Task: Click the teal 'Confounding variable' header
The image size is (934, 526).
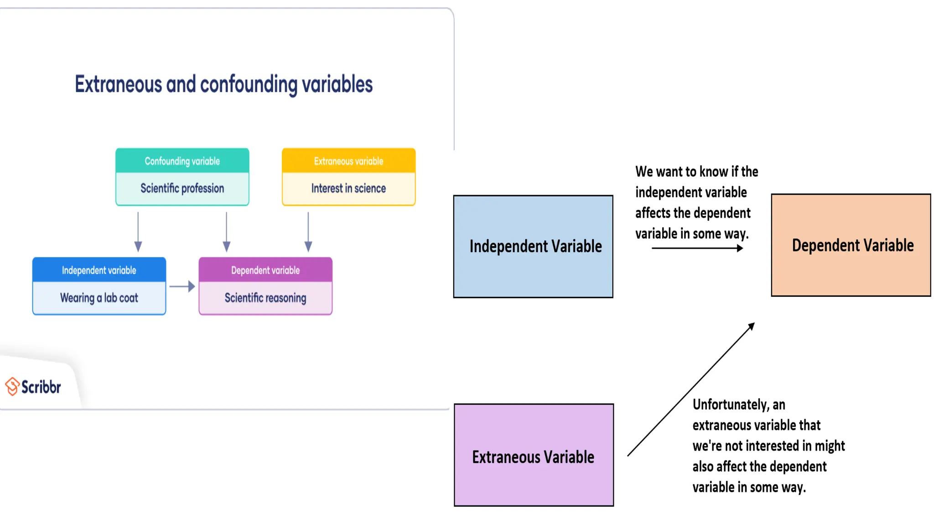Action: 182,161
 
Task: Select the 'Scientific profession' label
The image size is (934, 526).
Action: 182,188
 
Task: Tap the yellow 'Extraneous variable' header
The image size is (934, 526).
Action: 348,161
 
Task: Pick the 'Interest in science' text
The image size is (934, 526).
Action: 348,188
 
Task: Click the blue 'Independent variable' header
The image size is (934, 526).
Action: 99,270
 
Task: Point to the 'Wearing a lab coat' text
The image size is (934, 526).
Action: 99,298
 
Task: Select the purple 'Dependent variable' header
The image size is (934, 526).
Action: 265,270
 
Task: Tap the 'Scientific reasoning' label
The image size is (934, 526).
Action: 265,298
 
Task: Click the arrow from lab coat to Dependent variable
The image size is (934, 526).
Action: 182,286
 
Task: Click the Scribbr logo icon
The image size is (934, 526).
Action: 12,386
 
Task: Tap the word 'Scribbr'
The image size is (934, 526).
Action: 41,387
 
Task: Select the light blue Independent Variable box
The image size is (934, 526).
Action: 533,247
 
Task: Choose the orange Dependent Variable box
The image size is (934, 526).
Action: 851,245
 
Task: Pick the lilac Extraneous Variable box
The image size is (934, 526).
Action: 534,455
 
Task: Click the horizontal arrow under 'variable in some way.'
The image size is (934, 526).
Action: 697,248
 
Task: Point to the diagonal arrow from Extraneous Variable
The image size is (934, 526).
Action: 691,389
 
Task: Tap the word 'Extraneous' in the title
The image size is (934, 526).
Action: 118,84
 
